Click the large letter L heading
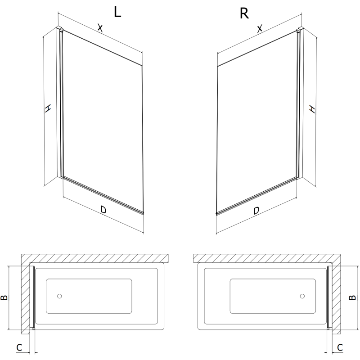pyautogui.click(x=117, y=12)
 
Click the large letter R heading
pyautogui.click(x=244, y=13)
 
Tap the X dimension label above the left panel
pyautogui.click(x=100, y=28)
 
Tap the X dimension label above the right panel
pyautogui.click(x=260, y=30)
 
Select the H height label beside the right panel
pyautogui.click(x=312, y=108)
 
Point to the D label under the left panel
pyautogui.click(x=103, y=210)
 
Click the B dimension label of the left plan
pyautogui.click(x=4, y=297)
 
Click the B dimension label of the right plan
pyautogui.click(x=353, y=297)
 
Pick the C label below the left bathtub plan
pyautogui.click(x=19, y=347)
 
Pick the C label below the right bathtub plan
pyautogui.click(x=340, y=347)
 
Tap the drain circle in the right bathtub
pyautogui.click(x=302, y=296)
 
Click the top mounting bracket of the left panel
pyautogui.click(x=58, y=30)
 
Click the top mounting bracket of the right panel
pyautogui.click(x=299, y=30)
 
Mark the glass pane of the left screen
pyautogui.click(x=103, y=121)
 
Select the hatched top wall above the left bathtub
pyautogui.click(x=94, y=258)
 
